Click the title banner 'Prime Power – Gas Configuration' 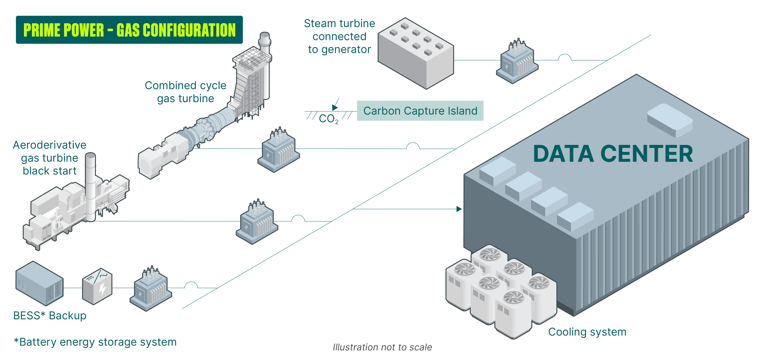coord(129,30)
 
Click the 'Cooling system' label coord(587,332)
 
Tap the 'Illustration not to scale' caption coord(382,347)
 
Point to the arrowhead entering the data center coord(459,209)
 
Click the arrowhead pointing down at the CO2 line coord(335,107)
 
